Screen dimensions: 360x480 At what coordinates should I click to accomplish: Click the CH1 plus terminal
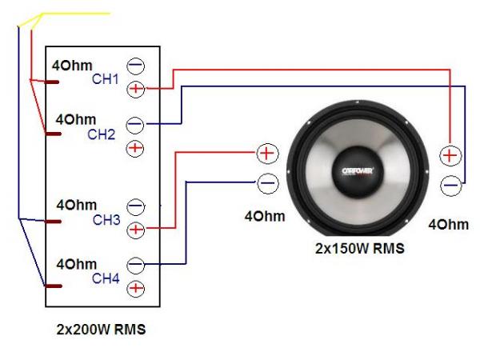(136, 88)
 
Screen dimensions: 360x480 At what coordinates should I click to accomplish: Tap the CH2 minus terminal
(135, 125)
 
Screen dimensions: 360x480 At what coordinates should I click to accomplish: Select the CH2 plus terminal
(135, 147)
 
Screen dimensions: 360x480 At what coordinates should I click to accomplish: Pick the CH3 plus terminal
(136, 230)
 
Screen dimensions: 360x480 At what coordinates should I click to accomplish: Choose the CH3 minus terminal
(135, 207)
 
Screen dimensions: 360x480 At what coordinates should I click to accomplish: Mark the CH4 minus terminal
(135, 264)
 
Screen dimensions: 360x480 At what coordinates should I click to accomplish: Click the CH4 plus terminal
(135, 287)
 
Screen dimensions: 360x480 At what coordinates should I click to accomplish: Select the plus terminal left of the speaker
(267, 153)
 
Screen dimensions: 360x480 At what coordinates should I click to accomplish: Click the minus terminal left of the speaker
(267, 182)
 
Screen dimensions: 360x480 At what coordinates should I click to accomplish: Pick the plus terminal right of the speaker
(450, 154)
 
